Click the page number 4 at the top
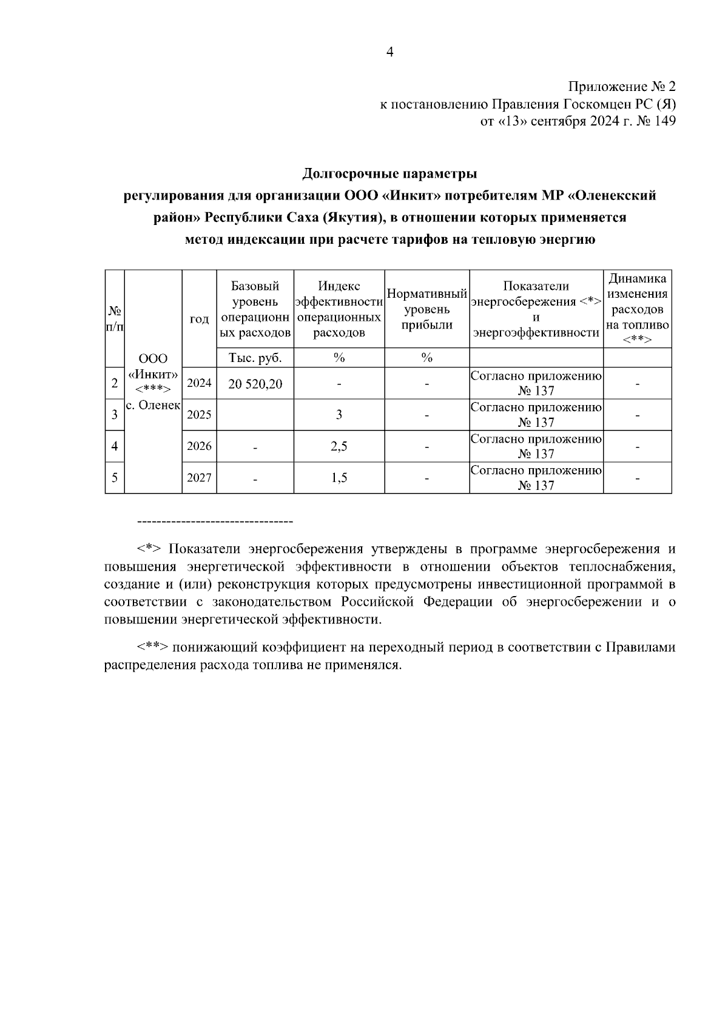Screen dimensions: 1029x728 point(389,53)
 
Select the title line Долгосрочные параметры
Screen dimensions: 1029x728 point(389,175)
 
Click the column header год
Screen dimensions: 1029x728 point(199,319)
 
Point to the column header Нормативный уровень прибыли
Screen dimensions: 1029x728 point(427,309)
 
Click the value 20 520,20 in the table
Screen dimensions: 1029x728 point(255,384)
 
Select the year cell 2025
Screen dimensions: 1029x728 point(199,415)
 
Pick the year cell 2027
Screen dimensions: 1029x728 point(199,478)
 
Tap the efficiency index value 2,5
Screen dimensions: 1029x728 point(339,447)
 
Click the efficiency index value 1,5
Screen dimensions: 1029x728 point(339,478)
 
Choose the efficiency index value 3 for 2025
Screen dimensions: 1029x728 point(339,415)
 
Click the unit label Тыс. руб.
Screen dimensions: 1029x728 point(255,358)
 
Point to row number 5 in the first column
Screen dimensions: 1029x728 point(115,478)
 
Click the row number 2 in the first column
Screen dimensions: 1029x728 point(115,383)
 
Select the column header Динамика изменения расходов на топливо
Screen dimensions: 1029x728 point(637,309)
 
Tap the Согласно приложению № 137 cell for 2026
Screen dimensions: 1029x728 point(536,446)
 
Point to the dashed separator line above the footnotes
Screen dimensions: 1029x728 point(215,521)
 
